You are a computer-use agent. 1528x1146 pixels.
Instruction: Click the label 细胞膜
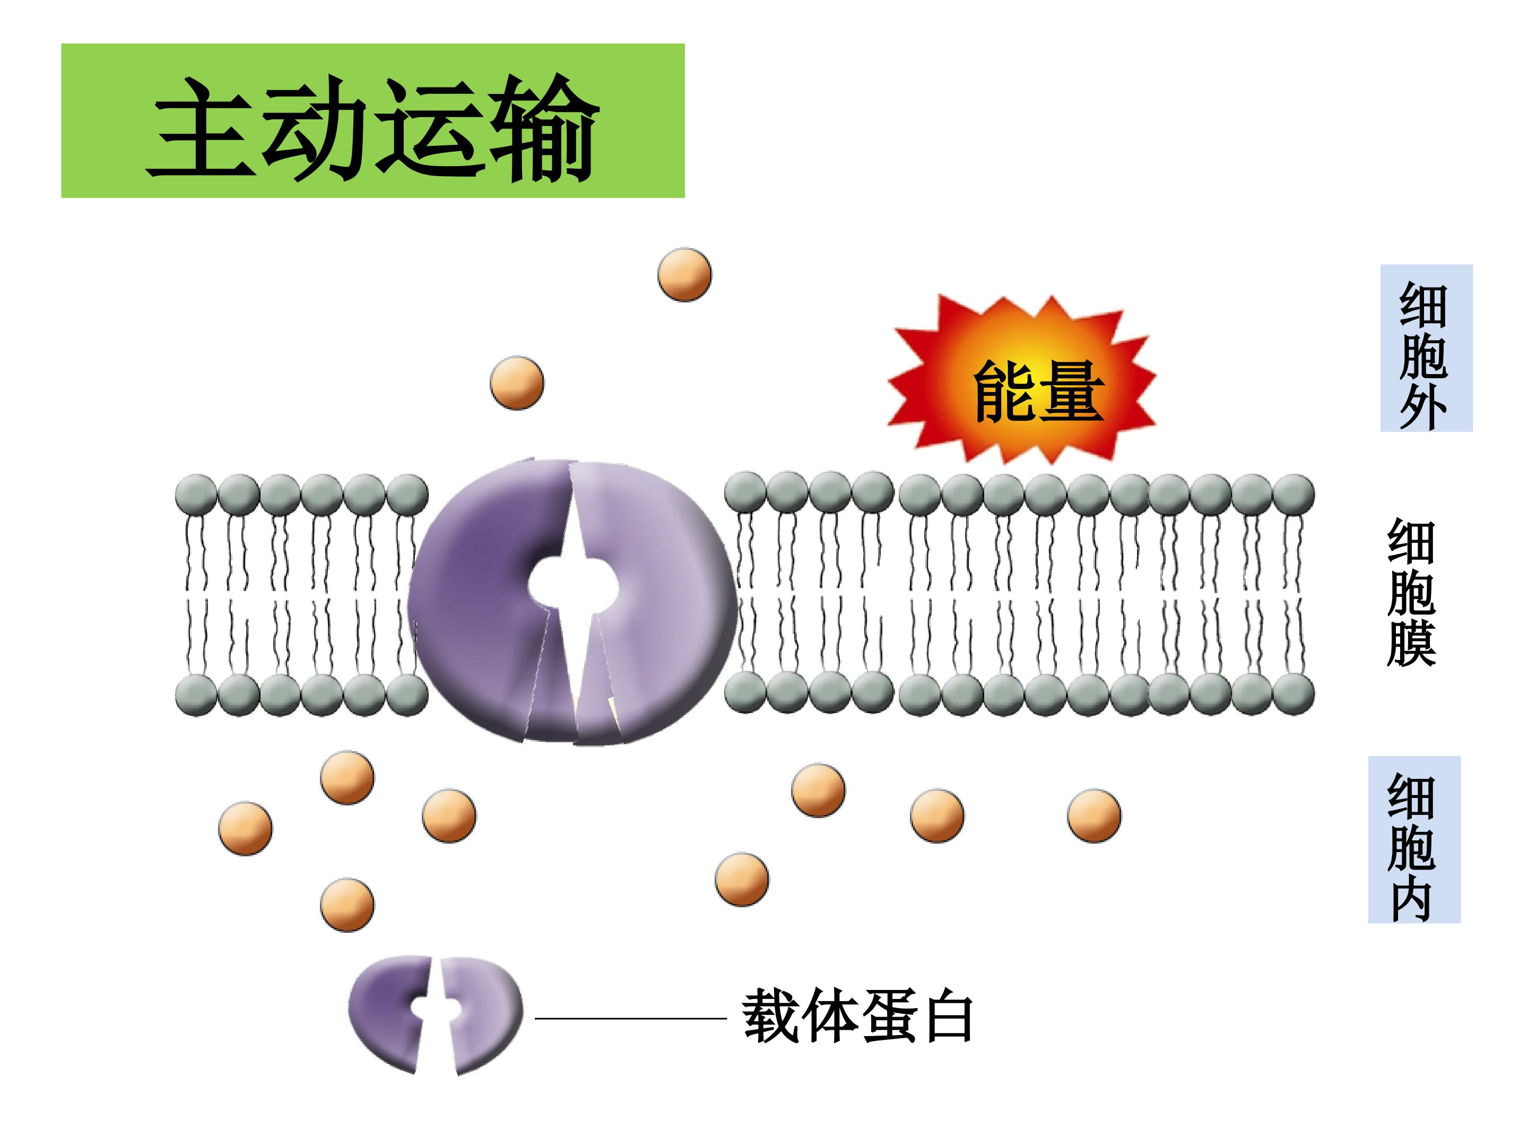point(1411,592)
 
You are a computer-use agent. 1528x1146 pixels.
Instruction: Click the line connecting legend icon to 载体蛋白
point(631,1018)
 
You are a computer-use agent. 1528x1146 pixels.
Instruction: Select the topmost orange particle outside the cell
point(684,274)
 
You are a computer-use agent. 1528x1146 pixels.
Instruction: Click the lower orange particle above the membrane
point(517,383)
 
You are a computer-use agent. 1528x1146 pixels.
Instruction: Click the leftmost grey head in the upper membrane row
point(197,494)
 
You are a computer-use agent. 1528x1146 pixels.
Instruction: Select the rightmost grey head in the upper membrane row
point(1293,494)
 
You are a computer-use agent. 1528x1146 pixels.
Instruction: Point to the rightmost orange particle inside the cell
point(1093,816)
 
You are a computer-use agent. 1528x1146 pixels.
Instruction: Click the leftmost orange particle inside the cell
point(245,829)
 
